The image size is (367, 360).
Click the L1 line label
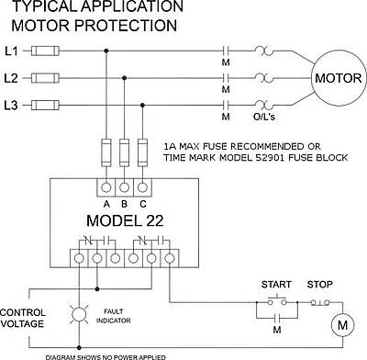point(11,51)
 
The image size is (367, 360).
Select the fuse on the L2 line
point(45,78)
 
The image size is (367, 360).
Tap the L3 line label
point(11,106)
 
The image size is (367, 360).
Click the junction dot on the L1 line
point(106,51)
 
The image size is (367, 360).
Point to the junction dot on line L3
point(142,106)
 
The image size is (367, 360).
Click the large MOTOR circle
point(339,78)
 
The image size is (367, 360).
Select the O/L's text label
point(264,117)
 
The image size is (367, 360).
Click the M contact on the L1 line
point(226,51)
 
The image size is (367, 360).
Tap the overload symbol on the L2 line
point(264,78)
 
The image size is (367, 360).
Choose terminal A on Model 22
point(106,187)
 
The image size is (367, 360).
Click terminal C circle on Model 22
point(142,187)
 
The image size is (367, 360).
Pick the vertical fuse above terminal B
point(124,152)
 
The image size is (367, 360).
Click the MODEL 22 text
point(125,220)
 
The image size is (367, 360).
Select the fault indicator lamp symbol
point(79,314)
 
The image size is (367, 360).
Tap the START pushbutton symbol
point(277,300)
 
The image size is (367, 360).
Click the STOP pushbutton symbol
point(320,303)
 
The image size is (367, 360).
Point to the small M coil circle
point(343,325)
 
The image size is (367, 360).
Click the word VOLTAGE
point(22,323)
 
